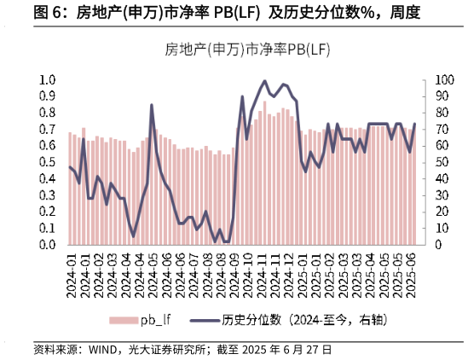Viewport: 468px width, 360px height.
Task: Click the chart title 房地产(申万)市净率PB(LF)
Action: (x=247, y=49)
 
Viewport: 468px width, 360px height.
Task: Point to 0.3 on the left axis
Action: (x=48, y=195)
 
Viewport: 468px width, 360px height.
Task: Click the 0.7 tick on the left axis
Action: (x=48, y=130)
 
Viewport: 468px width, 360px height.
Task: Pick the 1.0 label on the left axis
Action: (x=48, y=80)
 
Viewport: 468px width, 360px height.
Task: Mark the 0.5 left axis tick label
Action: (x=48, y=162)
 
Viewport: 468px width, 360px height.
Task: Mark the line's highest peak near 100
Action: (x=264, y=81)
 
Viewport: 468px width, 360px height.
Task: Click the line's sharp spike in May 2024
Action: (x=152, y=106)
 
